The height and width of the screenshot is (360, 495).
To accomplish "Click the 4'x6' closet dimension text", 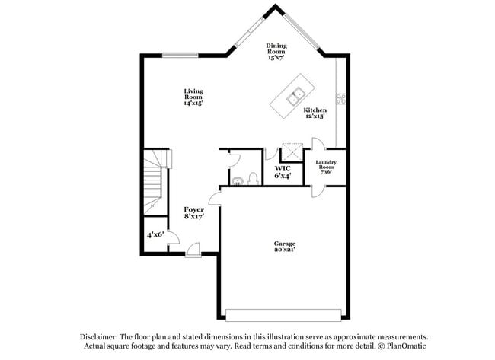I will pos(156,236).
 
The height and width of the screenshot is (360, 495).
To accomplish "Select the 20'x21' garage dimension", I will pos(285,250).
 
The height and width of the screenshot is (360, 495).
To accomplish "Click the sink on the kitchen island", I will pos(295,97).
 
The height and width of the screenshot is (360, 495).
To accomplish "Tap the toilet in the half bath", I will pos(240,180).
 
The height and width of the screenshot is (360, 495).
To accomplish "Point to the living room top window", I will pos(180,53).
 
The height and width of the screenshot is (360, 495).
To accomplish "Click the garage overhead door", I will pos(285,314).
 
